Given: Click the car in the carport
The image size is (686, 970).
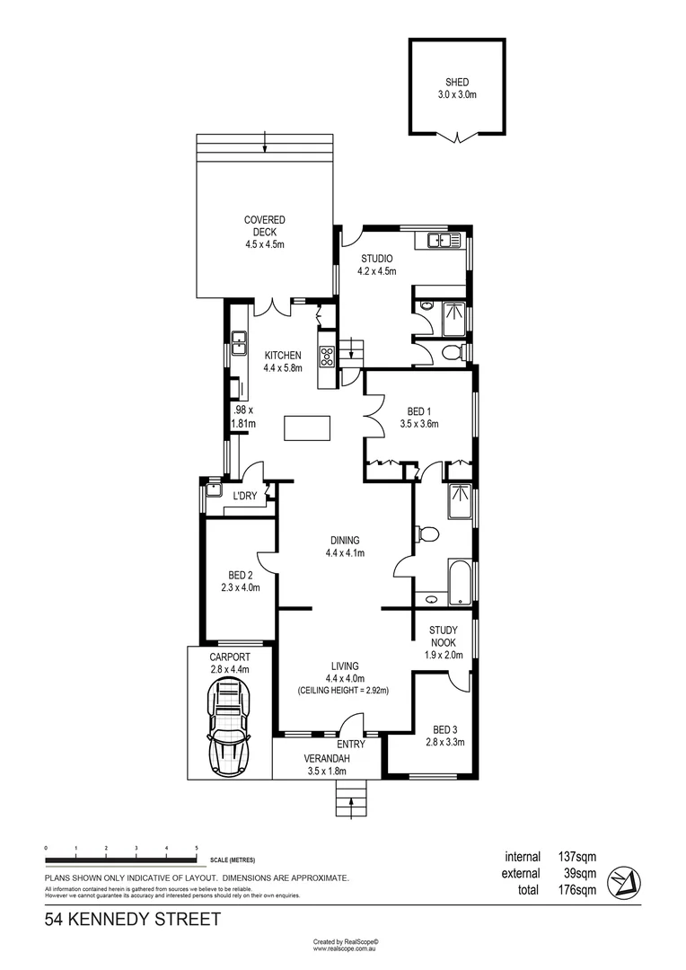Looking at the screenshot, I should [x=229, y=727].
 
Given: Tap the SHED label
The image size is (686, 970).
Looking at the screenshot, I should [x=456, y=82].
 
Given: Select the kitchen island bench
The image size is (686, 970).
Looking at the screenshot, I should [x=306, y=428].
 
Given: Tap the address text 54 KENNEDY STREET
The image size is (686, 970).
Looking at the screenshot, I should [x=132, y=920].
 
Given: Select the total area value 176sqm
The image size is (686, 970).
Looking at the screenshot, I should [x=575, y=890].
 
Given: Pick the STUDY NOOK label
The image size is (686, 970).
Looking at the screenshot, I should [x=443, y=635].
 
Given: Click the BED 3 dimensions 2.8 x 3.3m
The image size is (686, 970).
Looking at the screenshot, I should [x=444, y=741].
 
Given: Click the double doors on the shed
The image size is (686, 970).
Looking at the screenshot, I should [x=458, y=137].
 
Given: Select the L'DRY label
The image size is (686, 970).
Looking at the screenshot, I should [x=245, y=497].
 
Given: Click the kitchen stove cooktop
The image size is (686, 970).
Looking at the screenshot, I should [x=326, y=356].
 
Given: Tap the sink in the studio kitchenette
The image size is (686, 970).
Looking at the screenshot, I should [x=438, y=240].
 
